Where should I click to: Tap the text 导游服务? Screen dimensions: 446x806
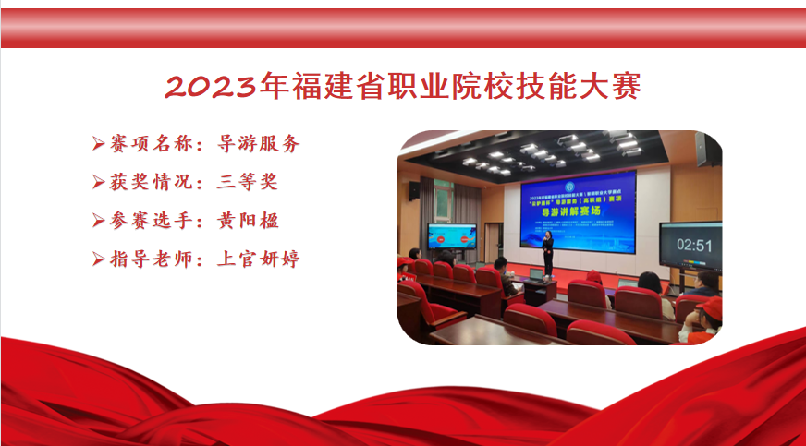click(259, 144)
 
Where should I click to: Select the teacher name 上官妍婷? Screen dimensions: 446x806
click(259, 259)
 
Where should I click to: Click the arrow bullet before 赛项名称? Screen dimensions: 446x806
click(98, 144)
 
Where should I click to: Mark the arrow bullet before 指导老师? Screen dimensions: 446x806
click(98, 259)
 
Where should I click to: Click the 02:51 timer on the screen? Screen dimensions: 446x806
click(693, 245)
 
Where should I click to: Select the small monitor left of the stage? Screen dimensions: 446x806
click(452, 237)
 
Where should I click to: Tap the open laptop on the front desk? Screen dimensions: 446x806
click(535, 274)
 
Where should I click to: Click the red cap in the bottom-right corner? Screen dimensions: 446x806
click(709, 307)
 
